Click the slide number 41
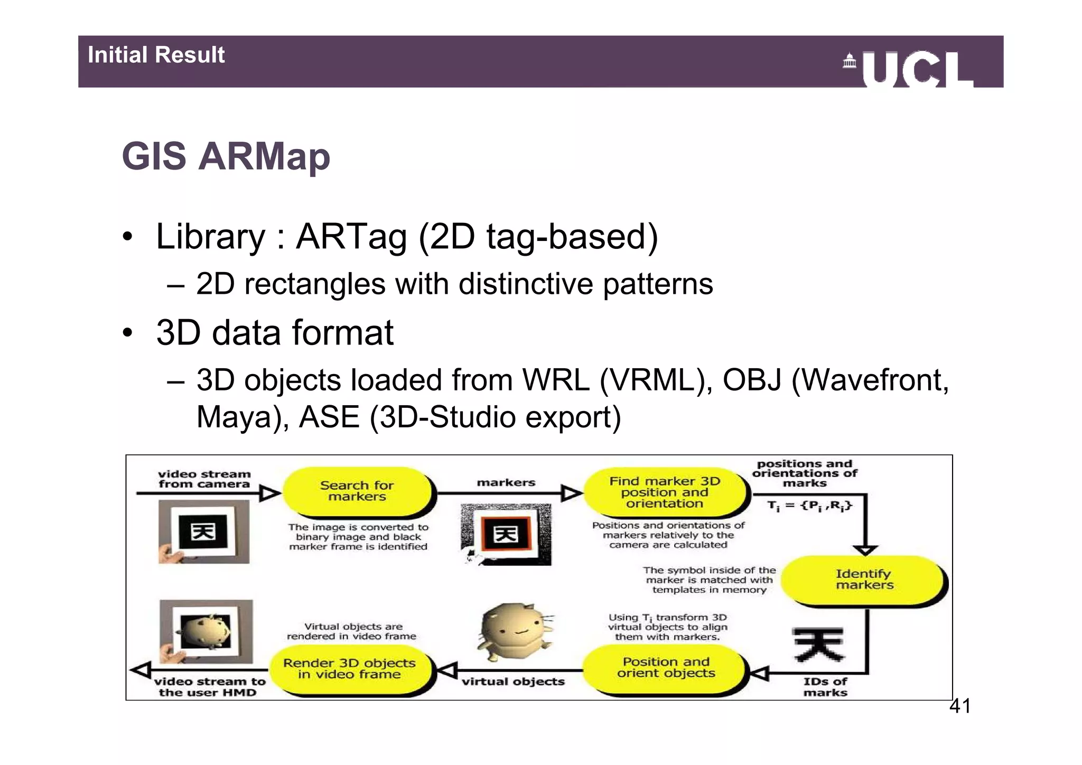(960, 706)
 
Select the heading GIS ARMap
(226, 156)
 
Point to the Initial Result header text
(156, 55)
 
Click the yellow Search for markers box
(357, 491)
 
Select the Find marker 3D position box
(665, 492)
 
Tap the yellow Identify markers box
(864, 580)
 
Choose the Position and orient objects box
(666, 668)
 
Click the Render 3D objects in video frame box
(349, 669)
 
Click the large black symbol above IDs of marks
(819, 645)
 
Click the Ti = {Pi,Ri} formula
(809, 506)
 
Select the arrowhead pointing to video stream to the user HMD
(141, 670)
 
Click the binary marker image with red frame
(506, 535)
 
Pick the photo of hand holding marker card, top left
(204, 532)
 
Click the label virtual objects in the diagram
(513, 682)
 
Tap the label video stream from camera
(204, 479)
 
